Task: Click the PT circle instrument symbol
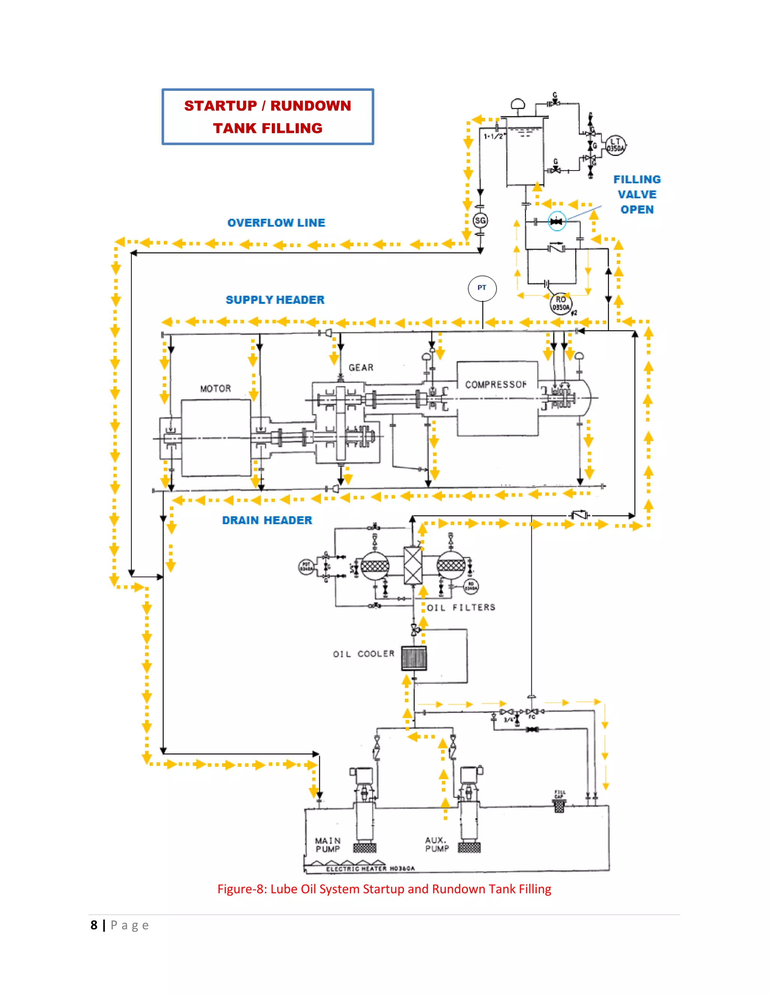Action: tap(482, 288)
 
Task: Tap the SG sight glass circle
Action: tap(480, 221)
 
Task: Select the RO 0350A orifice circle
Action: tap(561, 303)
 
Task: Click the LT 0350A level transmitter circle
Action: tap(615, 145)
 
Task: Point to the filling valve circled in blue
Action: tap(556, 222)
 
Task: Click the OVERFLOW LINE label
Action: tap(276, 223)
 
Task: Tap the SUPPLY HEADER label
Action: tap(275, 300)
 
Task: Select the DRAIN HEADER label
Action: tap(267, 520)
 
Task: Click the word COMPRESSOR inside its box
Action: tap(496, 384)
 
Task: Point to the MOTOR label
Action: tap(216, 389)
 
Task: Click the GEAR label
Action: tap(361, 368)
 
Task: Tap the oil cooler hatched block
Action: tap(414, 658)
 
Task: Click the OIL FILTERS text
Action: tap(461, 607)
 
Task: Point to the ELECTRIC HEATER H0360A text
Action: tap(370, 869)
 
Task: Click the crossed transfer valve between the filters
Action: tap(413, 565)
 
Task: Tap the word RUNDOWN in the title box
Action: tap(311, 106)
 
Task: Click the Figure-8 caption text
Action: tap(384, 889)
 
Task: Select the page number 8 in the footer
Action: tap(94, 925)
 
